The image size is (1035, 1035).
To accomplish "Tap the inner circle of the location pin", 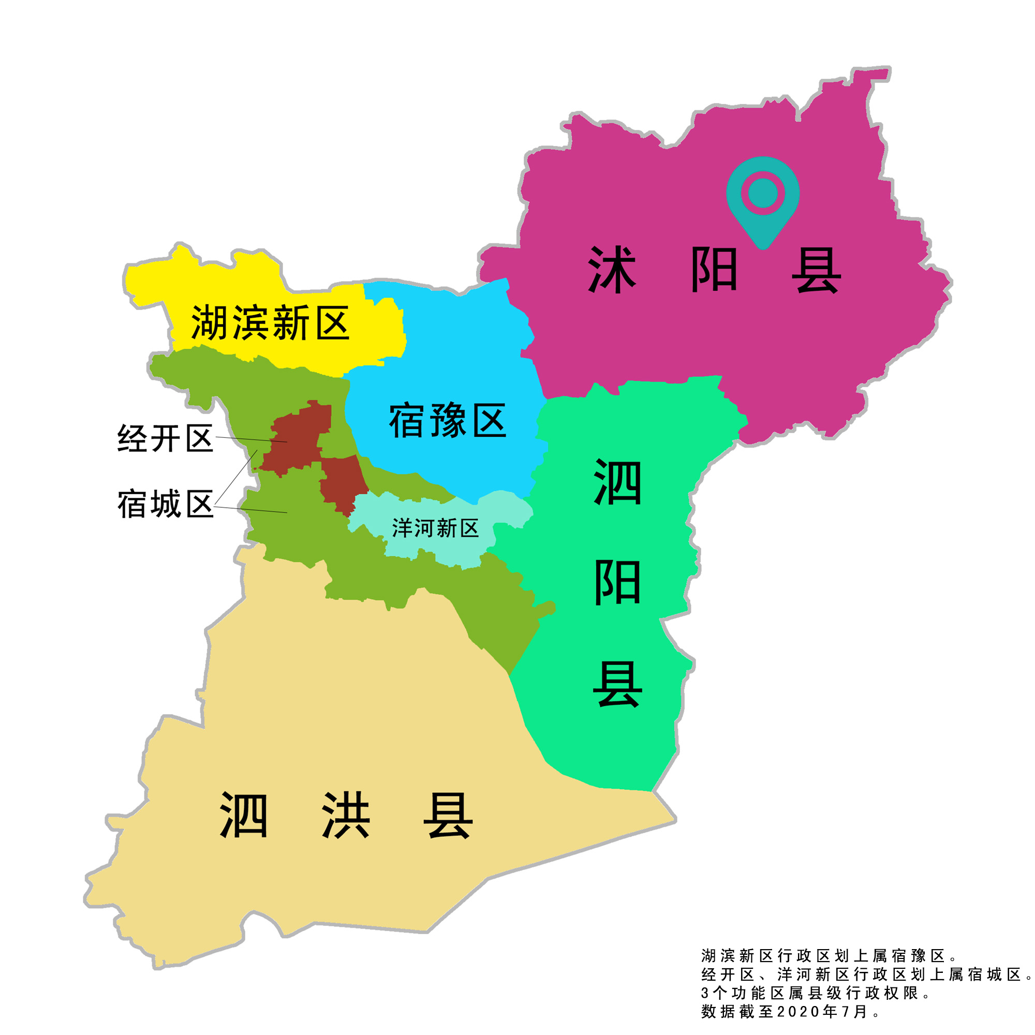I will (762, 193).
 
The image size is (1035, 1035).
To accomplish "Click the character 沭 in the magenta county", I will (612, 270).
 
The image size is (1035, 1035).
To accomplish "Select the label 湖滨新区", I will (270, 323).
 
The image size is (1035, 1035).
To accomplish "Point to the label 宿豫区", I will (447, 421).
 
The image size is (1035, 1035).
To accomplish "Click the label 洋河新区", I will (435, 529).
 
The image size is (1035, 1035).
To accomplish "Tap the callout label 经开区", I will (166, 439).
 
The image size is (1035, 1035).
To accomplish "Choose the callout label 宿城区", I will (166, 504).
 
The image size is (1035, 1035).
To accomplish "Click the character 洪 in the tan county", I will (346, 816).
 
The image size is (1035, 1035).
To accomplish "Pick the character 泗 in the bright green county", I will (617, 482).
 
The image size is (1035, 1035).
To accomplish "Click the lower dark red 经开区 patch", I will (343, 482).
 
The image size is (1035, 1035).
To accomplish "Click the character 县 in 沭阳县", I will (816, 270).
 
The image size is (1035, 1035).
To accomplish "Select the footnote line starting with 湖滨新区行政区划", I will (828, 956).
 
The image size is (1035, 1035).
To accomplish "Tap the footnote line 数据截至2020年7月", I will (791, 1011).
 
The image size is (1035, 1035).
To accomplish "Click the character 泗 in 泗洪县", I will (244, 816).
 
